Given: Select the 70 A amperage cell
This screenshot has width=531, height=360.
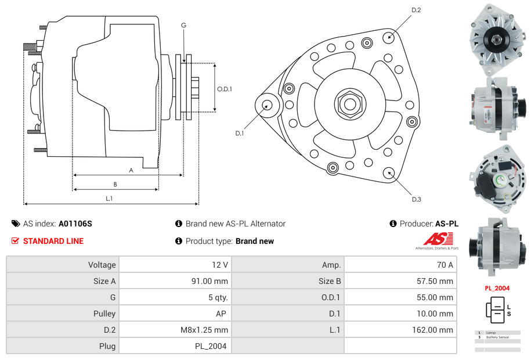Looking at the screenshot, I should [445, 265].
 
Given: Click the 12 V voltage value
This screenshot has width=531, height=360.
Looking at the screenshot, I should [220, 265].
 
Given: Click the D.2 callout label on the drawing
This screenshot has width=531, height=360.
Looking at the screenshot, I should [416, 10].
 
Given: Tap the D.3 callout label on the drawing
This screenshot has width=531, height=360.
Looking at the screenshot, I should [416, 199].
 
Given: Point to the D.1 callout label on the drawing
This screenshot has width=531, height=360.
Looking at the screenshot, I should [240, 134].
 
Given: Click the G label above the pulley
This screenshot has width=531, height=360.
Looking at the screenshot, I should [183, 25].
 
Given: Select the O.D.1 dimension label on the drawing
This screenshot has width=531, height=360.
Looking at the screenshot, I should [225, 89].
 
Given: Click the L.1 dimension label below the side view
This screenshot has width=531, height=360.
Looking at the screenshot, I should [109, 199].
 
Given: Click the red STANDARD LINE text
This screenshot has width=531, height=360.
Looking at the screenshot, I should [53, 241].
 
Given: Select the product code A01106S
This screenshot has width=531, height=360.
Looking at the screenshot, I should [75, 224].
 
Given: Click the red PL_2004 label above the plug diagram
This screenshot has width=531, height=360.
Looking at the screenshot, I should [497, 288].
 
